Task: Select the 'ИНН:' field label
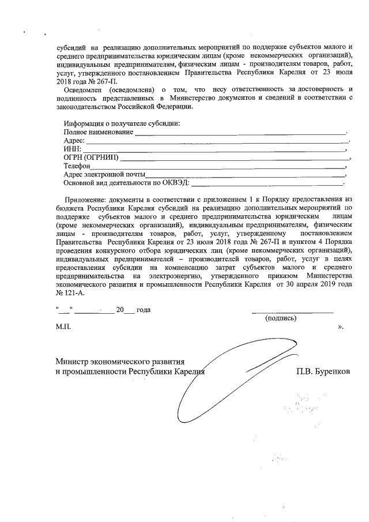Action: tap(73, 149)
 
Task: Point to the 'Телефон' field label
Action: tap(78, 166)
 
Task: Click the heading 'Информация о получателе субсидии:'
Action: tap(122, 124)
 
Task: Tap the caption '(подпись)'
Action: tap(280, 318)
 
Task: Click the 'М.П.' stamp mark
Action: tap(63, 326)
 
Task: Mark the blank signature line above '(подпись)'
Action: tap(292, 311)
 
